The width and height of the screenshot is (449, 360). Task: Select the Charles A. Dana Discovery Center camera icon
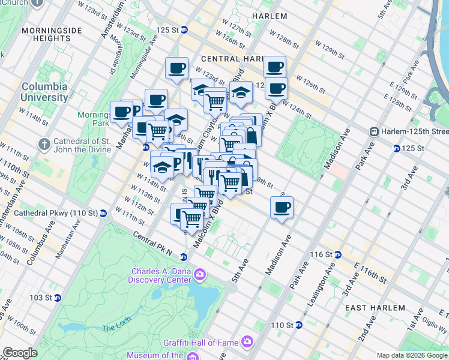199,275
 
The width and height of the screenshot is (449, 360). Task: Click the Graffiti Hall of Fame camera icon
247,342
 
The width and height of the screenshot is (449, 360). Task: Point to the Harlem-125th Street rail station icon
373,131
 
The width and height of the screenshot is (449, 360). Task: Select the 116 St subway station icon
337,254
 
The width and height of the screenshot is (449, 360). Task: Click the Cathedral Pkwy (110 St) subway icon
103,212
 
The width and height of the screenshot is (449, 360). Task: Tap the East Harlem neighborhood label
375,308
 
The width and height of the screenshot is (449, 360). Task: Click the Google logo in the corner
19,353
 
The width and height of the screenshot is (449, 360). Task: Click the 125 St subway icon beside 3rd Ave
396,148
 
